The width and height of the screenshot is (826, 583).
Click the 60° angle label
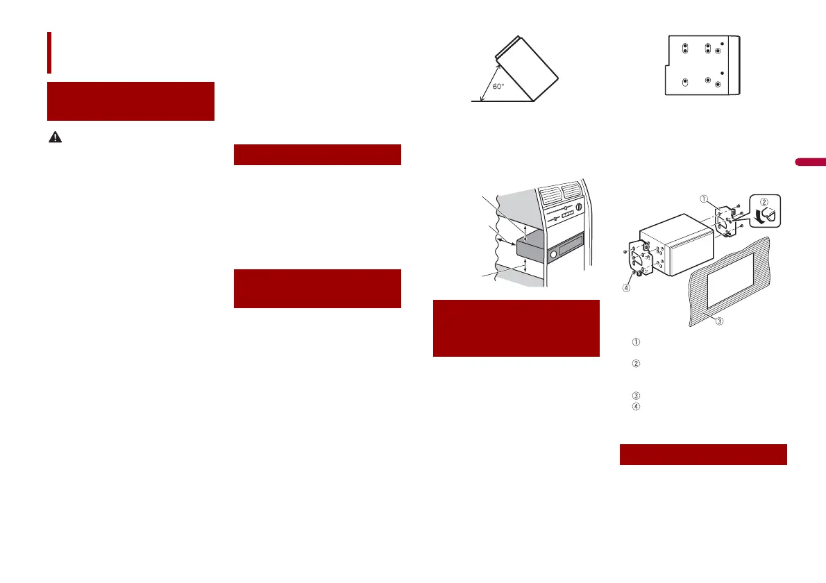(x=499, y=87)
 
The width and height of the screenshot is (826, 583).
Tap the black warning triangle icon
(x=53, y=138)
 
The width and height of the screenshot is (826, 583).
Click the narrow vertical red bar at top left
(x=49, y=52)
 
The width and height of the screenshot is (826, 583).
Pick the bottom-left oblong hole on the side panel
(x=684, y=82)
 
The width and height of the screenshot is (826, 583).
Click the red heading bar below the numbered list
(x=702, y=455)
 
